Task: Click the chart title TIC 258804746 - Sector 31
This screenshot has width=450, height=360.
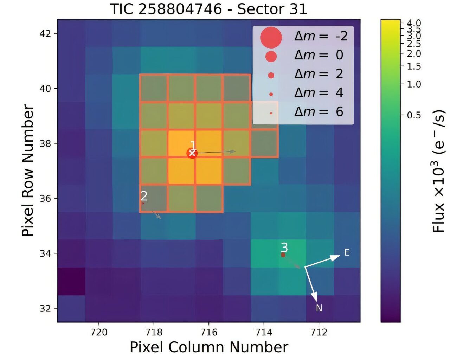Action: point(208,9)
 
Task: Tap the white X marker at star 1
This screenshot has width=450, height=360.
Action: point(192,153)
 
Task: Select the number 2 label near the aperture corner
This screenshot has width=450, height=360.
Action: point(144,196)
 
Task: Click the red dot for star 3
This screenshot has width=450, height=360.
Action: point(283,255)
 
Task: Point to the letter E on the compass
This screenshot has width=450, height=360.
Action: point(347,252)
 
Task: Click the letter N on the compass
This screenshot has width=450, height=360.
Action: point(319,308)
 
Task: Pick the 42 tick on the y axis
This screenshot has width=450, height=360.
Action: point(45,34)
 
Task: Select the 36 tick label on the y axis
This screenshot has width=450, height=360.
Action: point(45,199)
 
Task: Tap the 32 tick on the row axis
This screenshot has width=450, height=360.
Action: point(45,309)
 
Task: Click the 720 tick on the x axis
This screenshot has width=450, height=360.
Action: point(99,332)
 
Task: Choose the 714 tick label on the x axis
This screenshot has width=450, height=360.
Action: point(264,332)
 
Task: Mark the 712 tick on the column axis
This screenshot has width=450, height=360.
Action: point(319,332)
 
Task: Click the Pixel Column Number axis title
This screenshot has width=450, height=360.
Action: point(209,347)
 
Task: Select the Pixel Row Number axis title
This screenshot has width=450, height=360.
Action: point(28,171)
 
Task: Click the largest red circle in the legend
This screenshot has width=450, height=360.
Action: point(271,37)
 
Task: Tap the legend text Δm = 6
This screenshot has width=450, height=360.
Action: point(319,112)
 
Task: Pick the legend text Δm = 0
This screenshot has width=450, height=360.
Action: point(319,55)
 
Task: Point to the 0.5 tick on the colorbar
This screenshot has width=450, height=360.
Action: point(414,115)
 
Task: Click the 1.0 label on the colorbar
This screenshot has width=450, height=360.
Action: point(414,84)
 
